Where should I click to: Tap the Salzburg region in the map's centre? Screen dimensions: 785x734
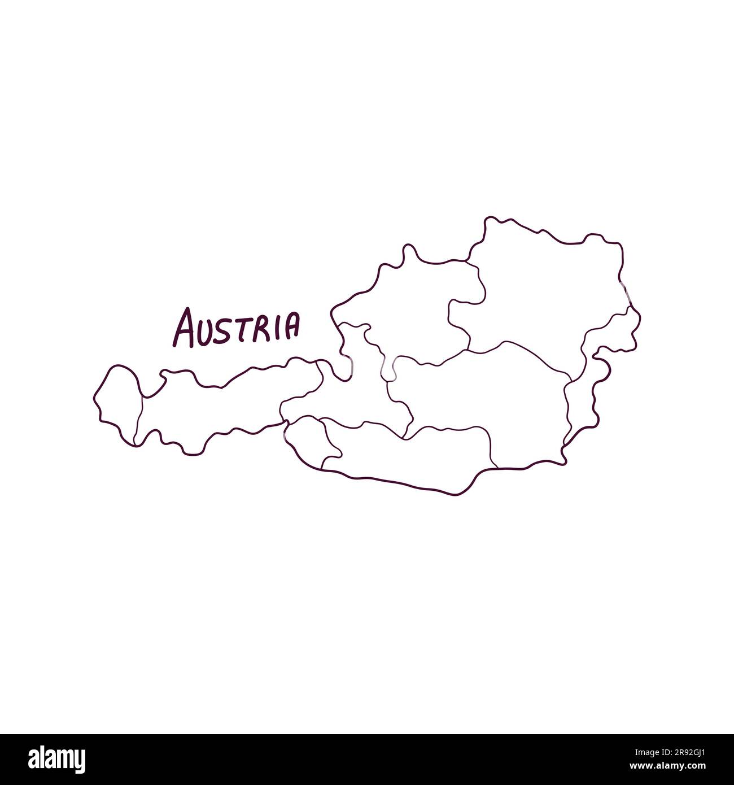pyautogui.click(x=361, y=384)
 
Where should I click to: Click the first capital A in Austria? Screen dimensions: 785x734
pyautogui.click(x=185, y=328)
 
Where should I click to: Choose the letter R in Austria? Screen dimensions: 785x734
pyautogui.click(x=262, y=328)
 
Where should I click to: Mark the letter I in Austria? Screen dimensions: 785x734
pyautogui.click(x=277, y=327)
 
